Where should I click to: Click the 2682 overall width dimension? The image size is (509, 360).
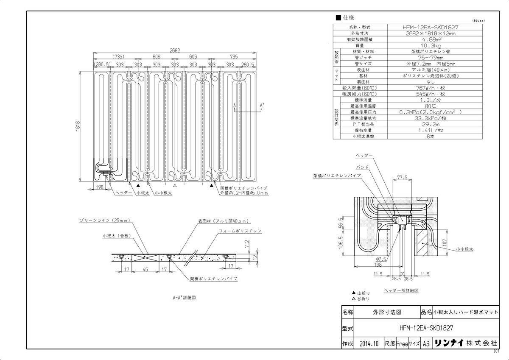(x=175, y=50)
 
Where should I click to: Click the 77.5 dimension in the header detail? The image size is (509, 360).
(x=402, y=176)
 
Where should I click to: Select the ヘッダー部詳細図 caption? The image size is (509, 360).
(x=401, y=290)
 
